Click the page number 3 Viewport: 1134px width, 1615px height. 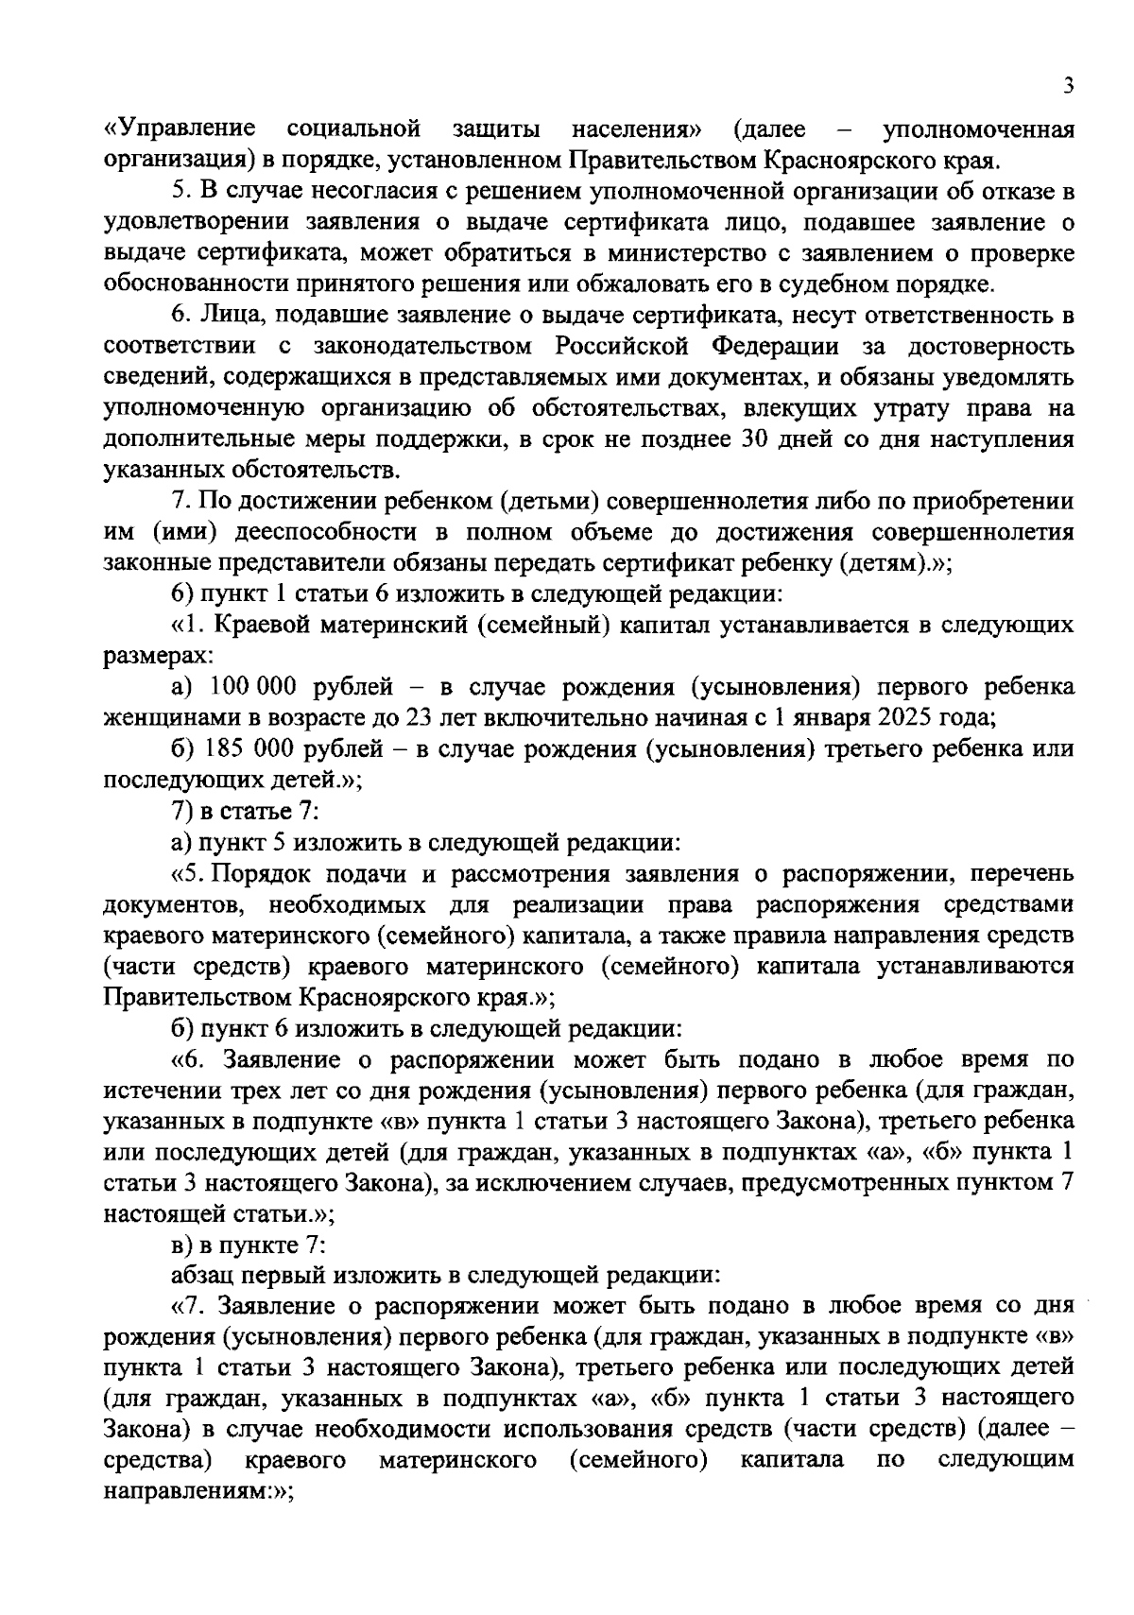click(1067, 86)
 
